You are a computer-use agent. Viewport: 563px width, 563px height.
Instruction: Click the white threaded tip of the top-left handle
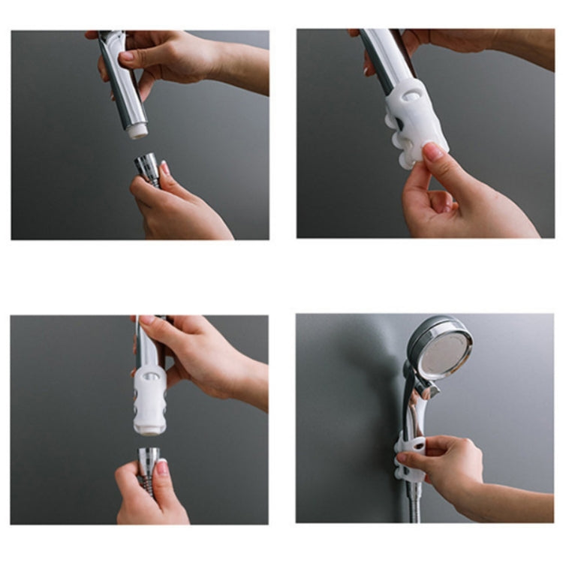click(x=136, y=131)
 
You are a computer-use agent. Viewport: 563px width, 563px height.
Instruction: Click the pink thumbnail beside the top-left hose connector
click(x=164, y=170)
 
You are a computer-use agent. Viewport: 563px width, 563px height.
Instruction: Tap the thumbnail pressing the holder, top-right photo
click(x=433, y=152)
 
